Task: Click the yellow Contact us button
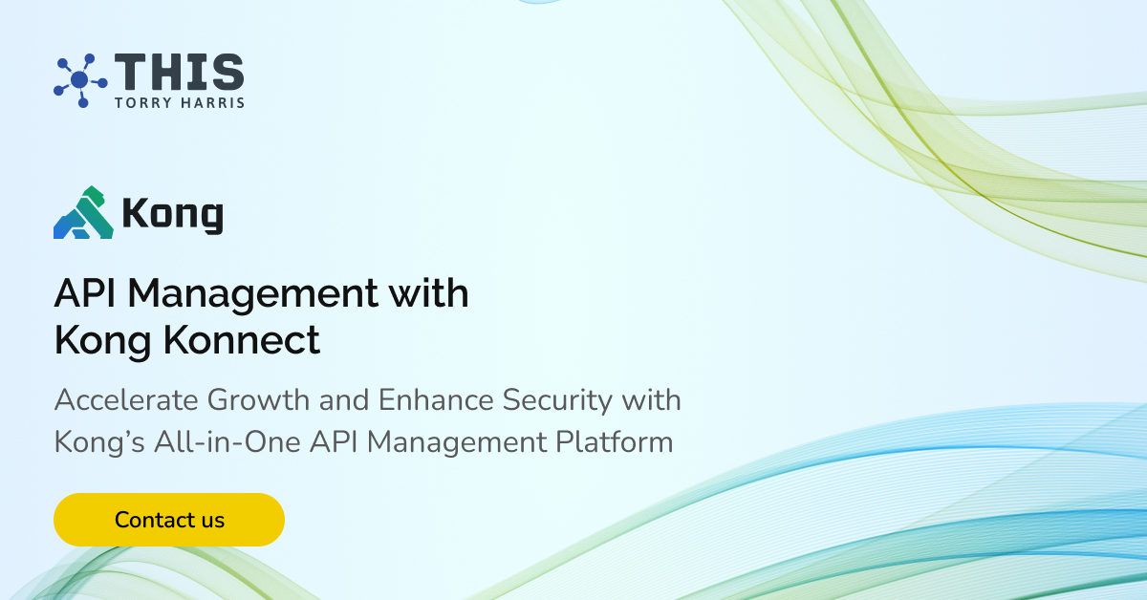tap(169, 520)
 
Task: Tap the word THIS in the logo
tap(179, 74)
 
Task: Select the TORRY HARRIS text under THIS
tap(179, 102)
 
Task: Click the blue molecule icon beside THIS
tap(79, 79)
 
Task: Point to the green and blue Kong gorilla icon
tap(84, 212)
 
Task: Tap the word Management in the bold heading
tap(253, 294)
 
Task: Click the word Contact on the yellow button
tap(144, 520)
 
